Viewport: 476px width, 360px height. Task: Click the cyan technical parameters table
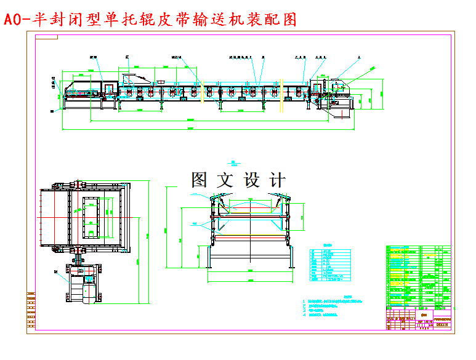(x=330, y=264)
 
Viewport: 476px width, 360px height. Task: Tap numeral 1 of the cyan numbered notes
(x=304, y=300)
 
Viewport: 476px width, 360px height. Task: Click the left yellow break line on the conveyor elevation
(x=201, y=91)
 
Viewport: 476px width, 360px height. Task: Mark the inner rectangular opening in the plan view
(x=91, y=217)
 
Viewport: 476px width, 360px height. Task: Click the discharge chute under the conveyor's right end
(x=339, y=111)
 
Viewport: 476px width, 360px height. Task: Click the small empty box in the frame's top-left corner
(x=46, y=36)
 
